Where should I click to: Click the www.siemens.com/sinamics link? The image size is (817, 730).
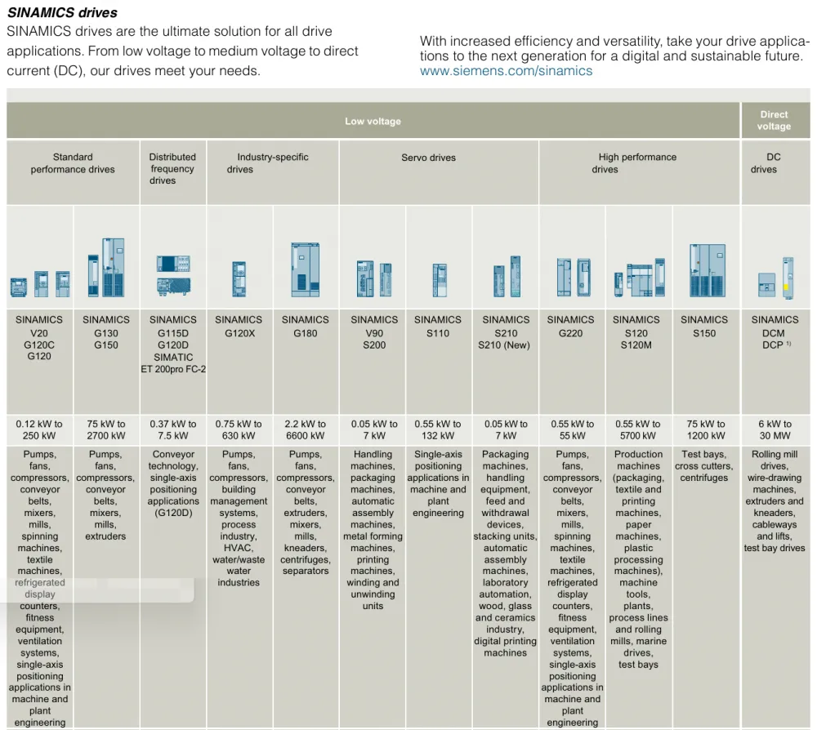[x=506, y=71]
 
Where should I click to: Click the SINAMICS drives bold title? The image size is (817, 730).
[x=63, y=12]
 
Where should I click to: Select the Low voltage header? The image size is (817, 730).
[x=373, y=122]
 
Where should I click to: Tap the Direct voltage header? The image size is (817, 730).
[x=774, y=120]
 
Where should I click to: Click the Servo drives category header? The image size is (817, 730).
[x=428, y=158]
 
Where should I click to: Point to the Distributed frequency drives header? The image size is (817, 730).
[x=172, y=169]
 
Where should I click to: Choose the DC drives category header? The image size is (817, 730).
[x=764, y=163]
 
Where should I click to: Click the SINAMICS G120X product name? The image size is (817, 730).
[x=239, y=327]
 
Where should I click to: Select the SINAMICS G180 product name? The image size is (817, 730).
[x=306, y=327]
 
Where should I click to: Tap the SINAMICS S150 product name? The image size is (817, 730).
[x=704, y=327]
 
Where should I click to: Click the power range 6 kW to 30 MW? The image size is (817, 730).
[x=775, y=430]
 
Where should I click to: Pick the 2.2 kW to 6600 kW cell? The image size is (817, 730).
[x=306, y=430]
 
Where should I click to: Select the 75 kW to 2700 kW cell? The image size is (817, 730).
[x=105, y=430]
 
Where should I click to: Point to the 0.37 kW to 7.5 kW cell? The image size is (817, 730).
[x=173, y=430]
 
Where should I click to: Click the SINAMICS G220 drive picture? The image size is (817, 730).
[x=574, y=277]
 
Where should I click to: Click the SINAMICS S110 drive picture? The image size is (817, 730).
[x=440, y=279]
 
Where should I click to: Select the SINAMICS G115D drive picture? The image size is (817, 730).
[x=173, y=274]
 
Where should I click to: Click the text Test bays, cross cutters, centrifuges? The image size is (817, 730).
[x=704, y=466]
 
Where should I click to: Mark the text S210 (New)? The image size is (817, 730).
[x=504, y=345]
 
